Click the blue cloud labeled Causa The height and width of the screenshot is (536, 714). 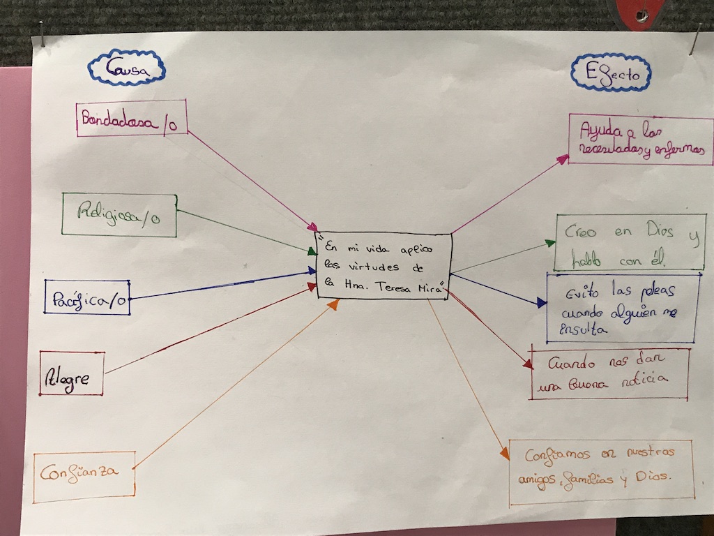(x=126, y=67)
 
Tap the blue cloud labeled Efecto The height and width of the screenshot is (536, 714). (x=610, y=72)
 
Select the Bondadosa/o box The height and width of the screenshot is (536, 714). (x=132, y=118)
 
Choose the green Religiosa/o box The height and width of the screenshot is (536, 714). (x=119, y=215)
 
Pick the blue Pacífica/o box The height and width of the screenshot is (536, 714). (x=87, y=297)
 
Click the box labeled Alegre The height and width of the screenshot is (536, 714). (x=73, y=373)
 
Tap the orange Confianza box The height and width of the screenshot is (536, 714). (x=84, y=477)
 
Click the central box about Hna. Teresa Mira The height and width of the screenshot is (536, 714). (x=383, y=266)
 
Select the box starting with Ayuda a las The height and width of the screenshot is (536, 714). (x=640, y=140)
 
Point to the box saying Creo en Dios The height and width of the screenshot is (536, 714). (x=630, y=241)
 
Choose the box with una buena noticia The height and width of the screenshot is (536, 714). (x=609, y=373)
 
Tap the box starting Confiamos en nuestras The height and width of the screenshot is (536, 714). (x=600, y=471)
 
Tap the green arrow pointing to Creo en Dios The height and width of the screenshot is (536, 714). (x=502, y=258)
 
